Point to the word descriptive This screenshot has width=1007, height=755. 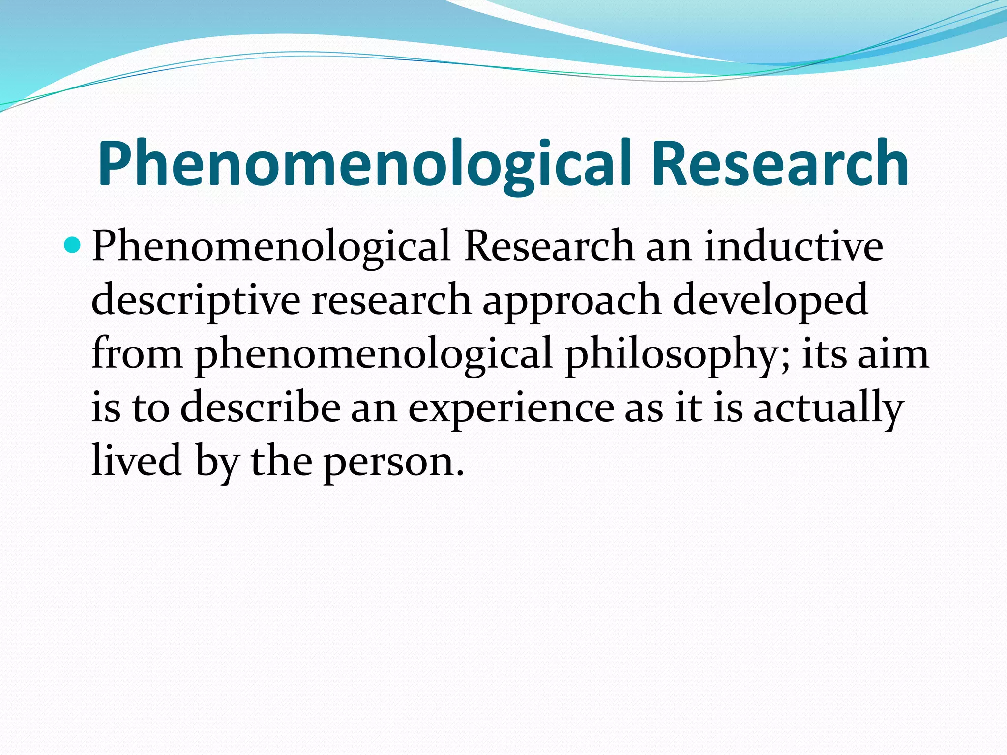click(x=196, y=300)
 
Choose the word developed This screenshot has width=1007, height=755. click(x=770, y=300)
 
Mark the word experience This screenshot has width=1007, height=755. click(x=511, y=408)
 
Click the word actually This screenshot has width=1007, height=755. click(x=829, y=408)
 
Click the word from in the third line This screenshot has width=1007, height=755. click(x=137, y=354)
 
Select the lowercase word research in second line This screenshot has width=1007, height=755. click(x=391, y=300)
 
